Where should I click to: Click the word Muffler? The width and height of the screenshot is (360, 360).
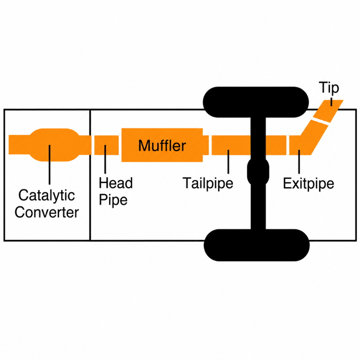click(x=162, y=145)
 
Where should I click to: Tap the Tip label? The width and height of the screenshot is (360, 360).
click(x=329, y=88)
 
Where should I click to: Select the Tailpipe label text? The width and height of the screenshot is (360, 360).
click(x=208, y=184)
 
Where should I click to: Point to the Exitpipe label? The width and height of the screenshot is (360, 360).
click(x=309, y=184)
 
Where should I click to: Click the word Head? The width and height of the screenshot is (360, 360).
click(x=116, y=183)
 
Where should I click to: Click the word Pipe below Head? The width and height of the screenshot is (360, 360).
click(x=113, y=200)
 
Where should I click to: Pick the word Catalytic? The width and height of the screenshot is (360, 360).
click(x=46, y=195)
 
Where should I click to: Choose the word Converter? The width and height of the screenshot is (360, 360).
click(x=46, y=212)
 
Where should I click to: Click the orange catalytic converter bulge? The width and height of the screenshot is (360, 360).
click(x=55, y=145)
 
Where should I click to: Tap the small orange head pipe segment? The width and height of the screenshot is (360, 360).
click(x=107, y=145)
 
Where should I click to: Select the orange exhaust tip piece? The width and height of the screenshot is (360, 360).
click(x=328, y=111)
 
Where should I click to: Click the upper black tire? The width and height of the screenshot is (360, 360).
click(x=256, y=102)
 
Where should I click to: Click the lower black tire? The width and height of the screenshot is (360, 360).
click(x=257, y=245)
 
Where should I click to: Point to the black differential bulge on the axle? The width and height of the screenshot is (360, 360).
click(x=258, y=172)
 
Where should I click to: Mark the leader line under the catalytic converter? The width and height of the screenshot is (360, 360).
click(x=49, y=165)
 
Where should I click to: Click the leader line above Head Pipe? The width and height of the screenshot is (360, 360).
click(x=105, y=159)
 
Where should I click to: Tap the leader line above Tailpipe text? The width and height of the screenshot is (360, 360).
click(x=228, y=162)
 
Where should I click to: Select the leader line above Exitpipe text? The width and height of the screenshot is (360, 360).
click(x=299, y=162)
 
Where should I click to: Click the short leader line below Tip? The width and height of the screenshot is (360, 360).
click(x=331, y=102)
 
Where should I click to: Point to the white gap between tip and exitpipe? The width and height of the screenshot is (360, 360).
click(x=320, y=122)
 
